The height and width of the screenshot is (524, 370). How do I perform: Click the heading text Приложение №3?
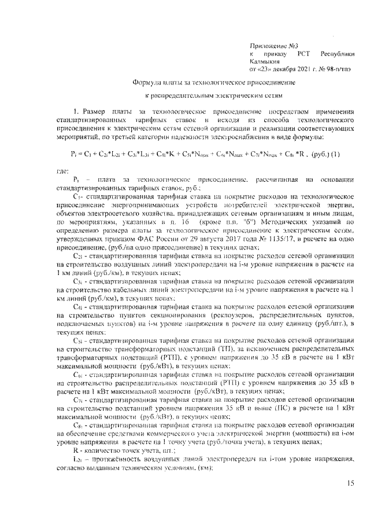(x=270, y=45)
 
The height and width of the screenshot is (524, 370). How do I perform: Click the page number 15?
(x=351, y=483)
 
